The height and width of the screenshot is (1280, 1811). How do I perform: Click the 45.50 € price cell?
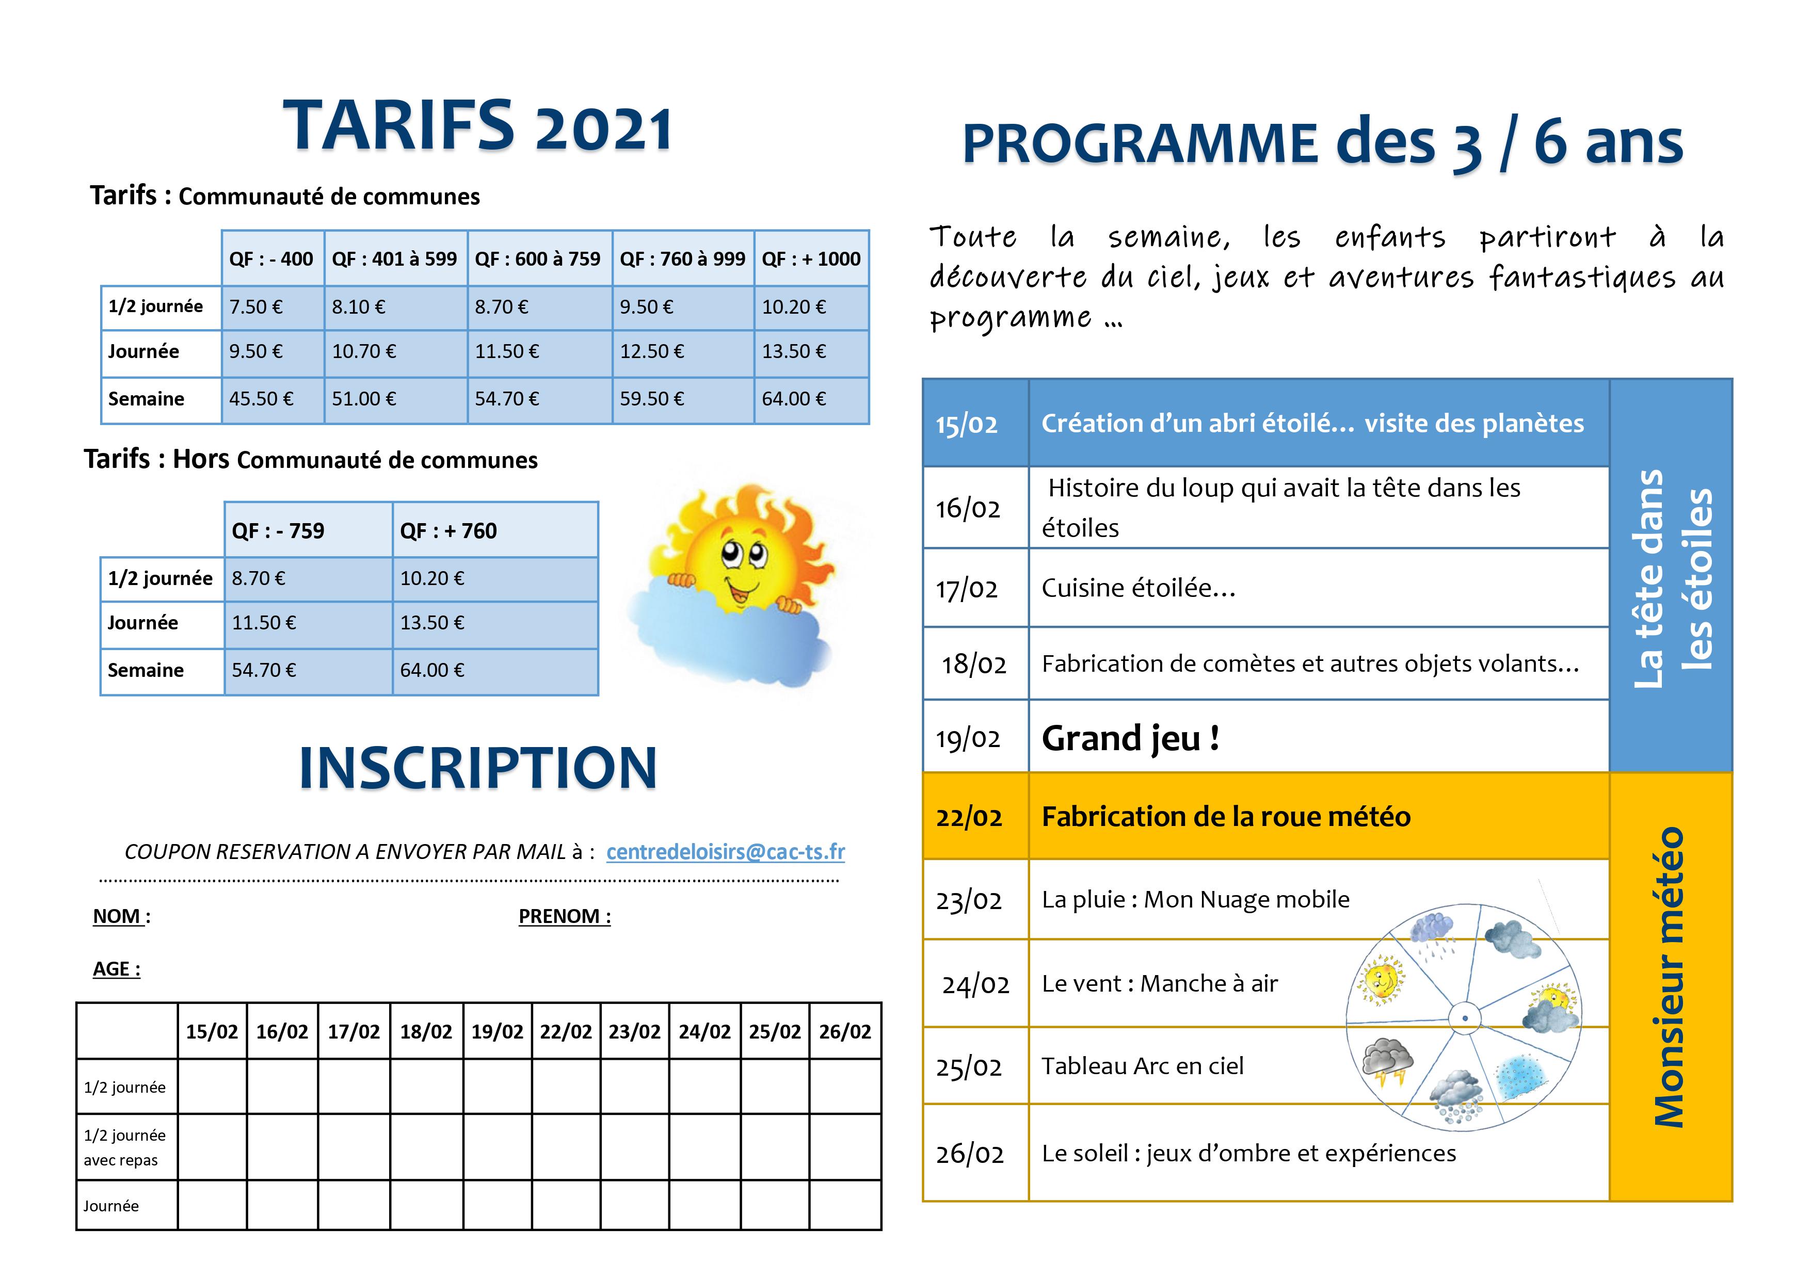point(261,399)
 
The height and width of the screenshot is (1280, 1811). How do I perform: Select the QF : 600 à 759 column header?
point(537,258)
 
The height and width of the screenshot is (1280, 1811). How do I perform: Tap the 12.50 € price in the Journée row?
point(651,352)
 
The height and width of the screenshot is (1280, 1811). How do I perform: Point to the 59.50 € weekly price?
point(651,399)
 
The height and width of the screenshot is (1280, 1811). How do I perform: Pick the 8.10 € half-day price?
point(358,307)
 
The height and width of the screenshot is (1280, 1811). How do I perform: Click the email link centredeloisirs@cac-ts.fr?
point(726,852)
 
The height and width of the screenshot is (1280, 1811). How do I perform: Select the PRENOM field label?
point(565,916)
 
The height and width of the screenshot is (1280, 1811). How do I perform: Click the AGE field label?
point(117,969)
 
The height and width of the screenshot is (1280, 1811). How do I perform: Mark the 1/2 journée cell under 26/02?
point(845,1086)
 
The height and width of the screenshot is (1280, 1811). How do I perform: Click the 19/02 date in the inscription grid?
point(497,1031)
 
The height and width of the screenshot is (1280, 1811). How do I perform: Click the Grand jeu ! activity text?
point(1130,738)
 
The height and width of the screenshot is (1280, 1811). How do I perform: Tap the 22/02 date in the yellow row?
point(969,817)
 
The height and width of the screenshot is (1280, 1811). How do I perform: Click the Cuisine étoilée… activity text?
point(1138,588)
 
